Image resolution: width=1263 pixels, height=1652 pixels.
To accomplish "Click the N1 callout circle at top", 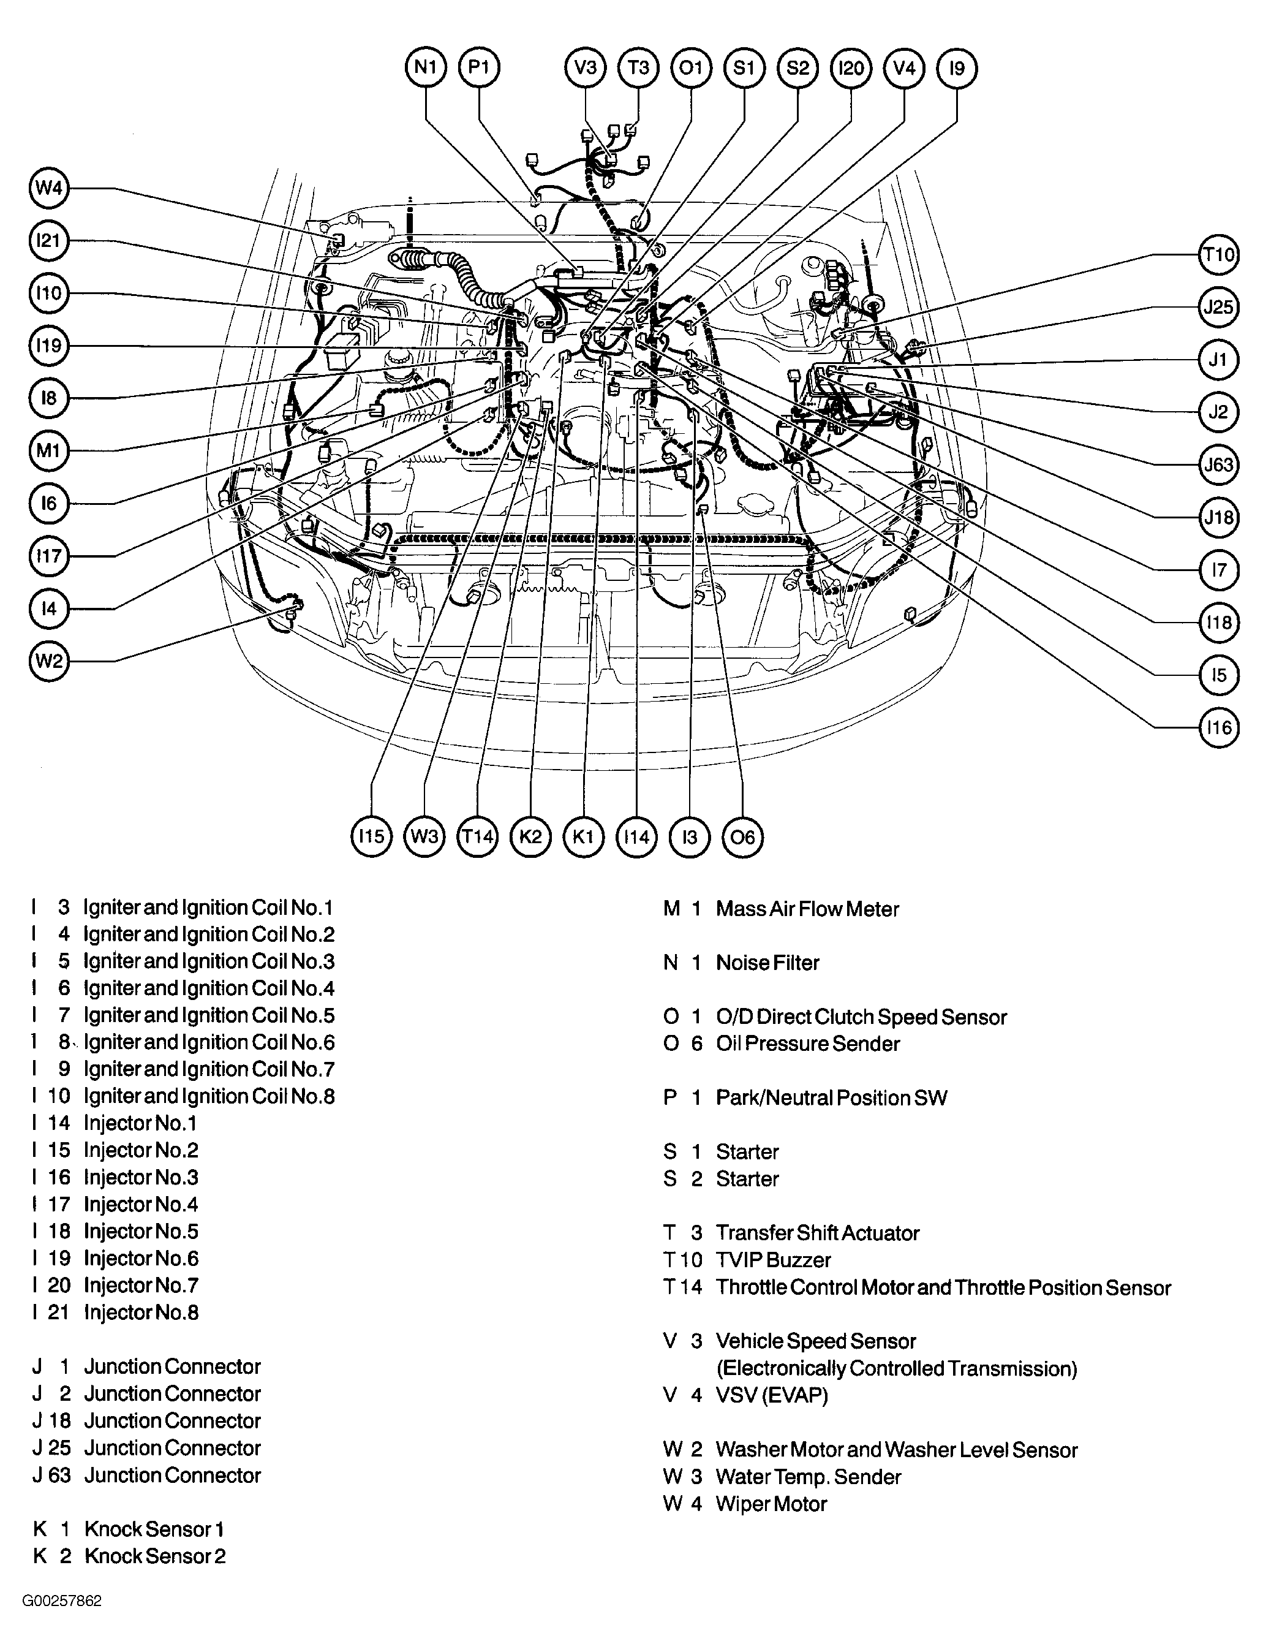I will click(x=426, y=67).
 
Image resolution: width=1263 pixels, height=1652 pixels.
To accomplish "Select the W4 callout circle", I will click(x=49, y=188).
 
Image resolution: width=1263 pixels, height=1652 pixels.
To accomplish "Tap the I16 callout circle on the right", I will click(x=1217, y=727).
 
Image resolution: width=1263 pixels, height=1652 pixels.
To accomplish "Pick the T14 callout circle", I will click(x=477, y=837).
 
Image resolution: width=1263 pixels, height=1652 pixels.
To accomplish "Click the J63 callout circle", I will click(x=1217, y=464).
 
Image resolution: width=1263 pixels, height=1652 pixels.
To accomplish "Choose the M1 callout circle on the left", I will click(x=49, y=450).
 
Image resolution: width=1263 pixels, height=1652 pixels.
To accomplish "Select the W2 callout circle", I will click(x=49, y=661).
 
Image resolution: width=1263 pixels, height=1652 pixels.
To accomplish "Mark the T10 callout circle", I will click(x=1217, y=254).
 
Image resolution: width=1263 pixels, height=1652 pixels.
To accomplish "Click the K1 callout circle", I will click(x=583, y=837).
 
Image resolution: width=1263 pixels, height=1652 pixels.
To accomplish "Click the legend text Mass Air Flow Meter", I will click(x=807, y=909).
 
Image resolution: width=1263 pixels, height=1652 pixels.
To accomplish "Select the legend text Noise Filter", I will click(x=767, y=963).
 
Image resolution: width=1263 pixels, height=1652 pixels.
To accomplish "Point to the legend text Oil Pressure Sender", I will click(x=807, y=1044).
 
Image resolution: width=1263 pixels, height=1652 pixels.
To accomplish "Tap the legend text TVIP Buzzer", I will click(x=773, y=1260).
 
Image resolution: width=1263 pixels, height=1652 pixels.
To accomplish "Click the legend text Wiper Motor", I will click(x=771, y=1504).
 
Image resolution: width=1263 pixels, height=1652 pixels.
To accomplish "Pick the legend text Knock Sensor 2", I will click(x=155, y=1556).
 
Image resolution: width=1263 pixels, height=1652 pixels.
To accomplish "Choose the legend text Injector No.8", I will click(x=141, y=1313).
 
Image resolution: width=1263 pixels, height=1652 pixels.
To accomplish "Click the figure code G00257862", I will click(x=62, y=1601).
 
